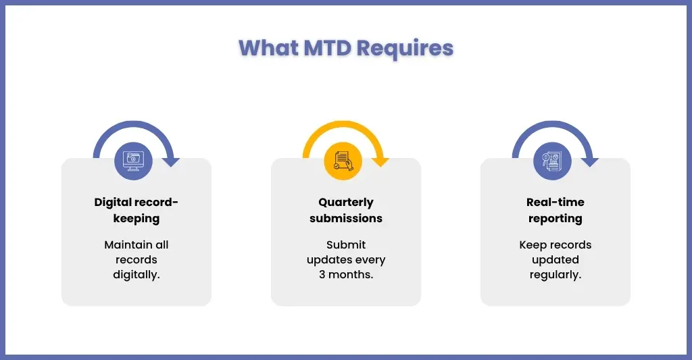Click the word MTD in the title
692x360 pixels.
[x=328, y=48]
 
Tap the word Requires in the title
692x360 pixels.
[x=405, y=49]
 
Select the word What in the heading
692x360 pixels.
[x=268, y=48]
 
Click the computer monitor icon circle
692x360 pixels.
[x=133, y=161]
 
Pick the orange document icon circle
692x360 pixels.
[x=343, y=161]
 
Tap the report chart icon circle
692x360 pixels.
[x=552, y=161]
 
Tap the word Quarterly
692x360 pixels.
[x=346, y=203]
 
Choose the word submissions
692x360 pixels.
[x=346, y=218]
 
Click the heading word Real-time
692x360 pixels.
[x=555, y=202]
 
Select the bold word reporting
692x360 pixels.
[x=555, y=219]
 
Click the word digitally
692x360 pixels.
[x=137, y=275]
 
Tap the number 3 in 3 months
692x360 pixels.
[x=322, y=274]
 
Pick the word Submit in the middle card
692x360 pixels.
[x=346, y=245]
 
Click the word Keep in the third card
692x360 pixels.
[x=533, y=245]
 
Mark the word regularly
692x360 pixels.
[x=555, y=275]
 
